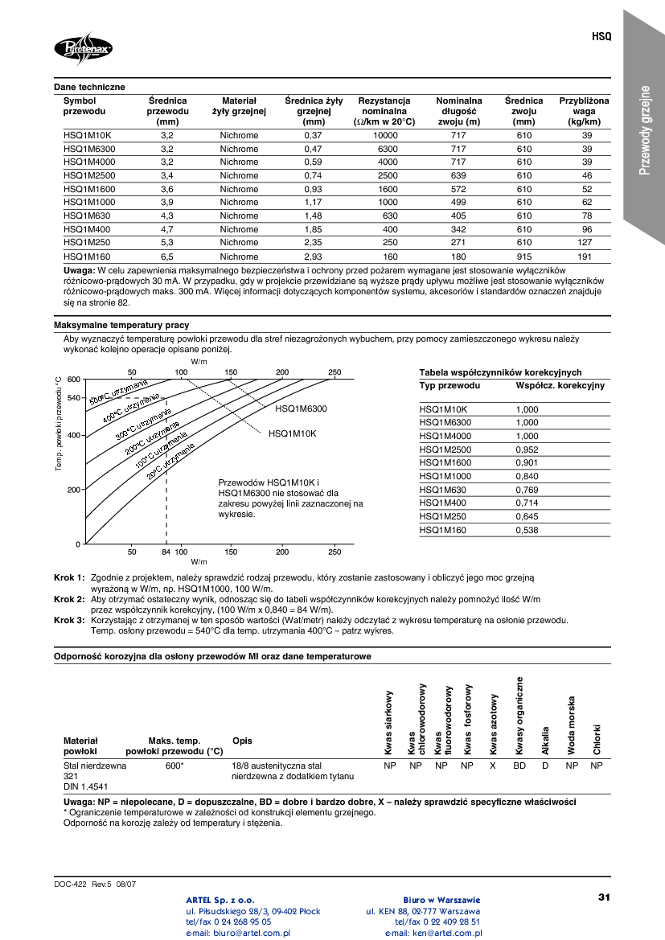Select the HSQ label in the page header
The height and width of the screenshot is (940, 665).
coord(601,37)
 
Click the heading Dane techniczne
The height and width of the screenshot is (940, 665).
coord(89,87)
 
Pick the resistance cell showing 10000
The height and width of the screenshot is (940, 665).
coord(386,136)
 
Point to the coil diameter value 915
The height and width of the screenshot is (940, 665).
coord(524,256)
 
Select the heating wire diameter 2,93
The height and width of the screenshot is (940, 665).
coord(313,256)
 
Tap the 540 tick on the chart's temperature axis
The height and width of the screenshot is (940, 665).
coord(73,398)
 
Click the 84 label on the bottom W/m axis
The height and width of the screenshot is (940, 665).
coord(166,552)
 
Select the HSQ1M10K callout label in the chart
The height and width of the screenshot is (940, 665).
coord(293,433)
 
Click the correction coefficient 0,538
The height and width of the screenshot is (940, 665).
coord(527,530)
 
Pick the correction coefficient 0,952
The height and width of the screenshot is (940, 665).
coord(527,449)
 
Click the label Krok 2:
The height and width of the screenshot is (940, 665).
coord(69,600)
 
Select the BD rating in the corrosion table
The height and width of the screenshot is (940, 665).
coord(519,766)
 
